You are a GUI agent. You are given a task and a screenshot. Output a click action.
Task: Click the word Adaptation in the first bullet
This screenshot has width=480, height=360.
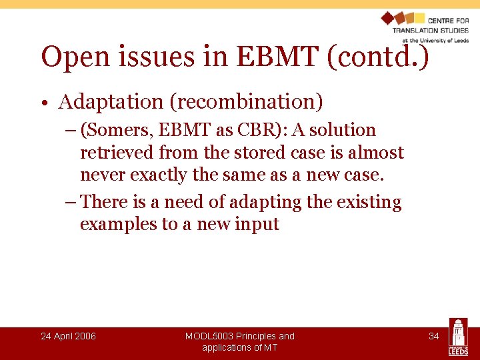[x=111, y=102]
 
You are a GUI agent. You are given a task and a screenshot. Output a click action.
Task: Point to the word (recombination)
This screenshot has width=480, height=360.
[x=246, y=102]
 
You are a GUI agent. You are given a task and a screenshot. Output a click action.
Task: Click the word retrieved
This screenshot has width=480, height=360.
[x=117, y=153]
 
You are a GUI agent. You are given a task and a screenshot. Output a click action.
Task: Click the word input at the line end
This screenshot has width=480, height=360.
[x=257, y=225]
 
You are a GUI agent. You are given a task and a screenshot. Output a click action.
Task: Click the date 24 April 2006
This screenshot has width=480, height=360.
[x=68, y=336]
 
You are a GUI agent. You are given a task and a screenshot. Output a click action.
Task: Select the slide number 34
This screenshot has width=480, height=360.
[x=433, y=336]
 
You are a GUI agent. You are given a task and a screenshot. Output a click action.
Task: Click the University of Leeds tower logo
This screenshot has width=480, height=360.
[x=458, y=337]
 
